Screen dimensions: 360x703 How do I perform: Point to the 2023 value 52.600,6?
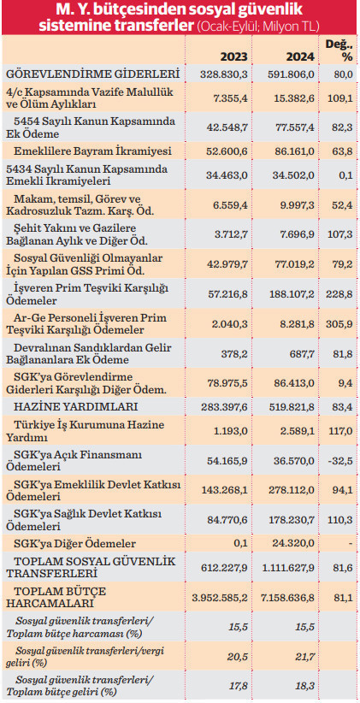pos(228,151)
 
